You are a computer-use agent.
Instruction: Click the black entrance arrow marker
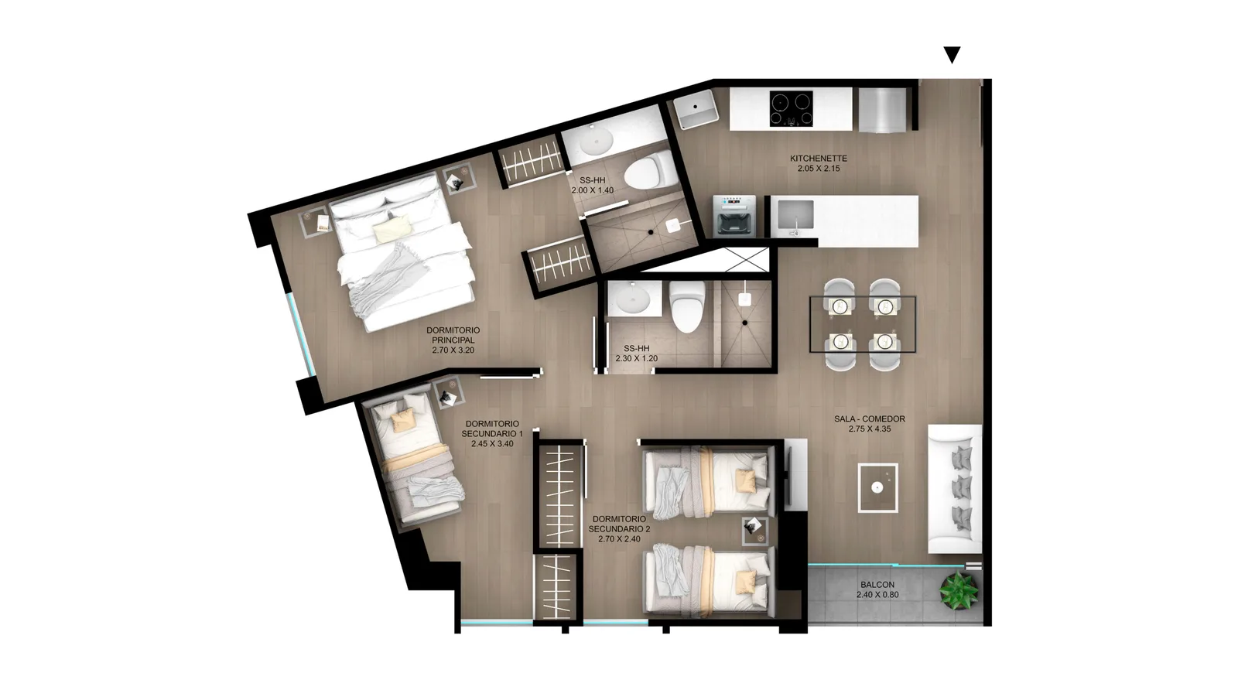(x=952, y=54)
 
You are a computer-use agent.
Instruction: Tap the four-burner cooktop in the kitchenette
(x=791, y=108)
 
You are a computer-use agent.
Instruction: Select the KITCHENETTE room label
(x=818, y=159)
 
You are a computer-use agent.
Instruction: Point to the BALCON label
(x=877, y=585)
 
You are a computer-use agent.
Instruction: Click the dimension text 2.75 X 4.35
(x=870, y=429)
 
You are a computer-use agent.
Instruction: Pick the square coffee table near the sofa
(x=877, y=487)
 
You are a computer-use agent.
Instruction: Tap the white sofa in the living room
(x=955, y=489)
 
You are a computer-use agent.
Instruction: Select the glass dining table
(x=862, y=324)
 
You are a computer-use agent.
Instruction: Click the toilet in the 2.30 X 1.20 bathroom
(x=687, y=306)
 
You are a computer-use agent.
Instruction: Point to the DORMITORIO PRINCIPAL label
(x=453, y=335)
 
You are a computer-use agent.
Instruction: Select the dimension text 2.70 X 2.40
(x=619, y=539)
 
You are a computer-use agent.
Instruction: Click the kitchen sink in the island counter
(x=795, y=215)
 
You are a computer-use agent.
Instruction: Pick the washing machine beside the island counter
(x=734, y=216)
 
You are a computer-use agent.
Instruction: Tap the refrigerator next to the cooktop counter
(x=883, y=111)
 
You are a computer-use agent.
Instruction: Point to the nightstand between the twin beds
(x=755, y=531)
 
